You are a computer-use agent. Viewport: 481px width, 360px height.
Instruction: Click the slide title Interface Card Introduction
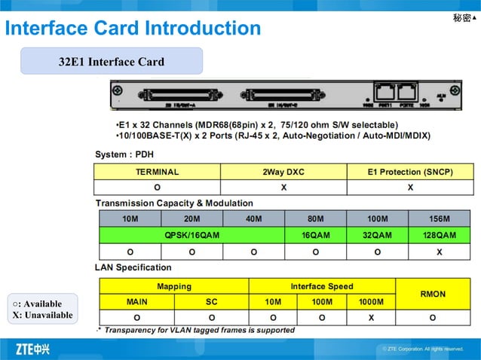pyautogui.click(x=133, y=29)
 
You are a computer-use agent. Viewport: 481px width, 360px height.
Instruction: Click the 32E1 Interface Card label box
pyautogui.click(x=112, y=61)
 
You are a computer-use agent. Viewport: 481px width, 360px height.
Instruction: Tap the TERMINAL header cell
pyautogui.click(x=157, y=172)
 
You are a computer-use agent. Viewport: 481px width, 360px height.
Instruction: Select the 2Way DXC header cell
pyautogui.click(x=283, y=172)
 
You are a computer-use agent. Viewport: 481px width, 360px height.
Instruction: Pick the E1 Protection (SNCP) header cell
pyautogui.click(x=410, y=172)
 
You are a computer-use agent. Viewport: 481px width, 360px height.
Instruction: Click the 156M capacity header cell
pyautogui.click(x=439, y=219)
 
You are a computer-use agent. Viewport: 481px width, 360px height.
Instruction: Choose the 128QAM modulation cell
pyautogui.click(x=439, y=236)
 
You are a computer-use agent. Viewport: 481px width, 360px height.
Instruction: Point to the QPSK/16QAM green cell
pyautogui.click(x=192, y=236)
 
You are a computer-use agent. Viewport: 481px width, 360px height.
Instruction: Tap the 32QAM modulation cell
pyautogui.click(x=377, y=236)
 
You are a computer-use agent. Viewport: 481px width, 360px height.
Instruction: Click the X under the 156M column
pyautogui.click(x=439, y=252)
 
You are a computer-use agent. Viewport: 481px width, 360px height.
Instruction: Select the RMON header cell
pyautogui.click(x=432, y=294)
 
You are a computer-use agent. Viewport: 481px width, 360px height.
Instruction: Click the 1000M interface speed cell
pyautogui.click(x=371, y=302)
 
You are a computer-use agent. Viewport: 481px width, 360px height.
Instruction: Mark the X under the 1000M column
pyautogui.click(x=371, y=318)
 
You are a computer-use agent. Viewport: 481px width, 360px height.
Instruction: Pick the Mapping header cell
pyautogui.click(x=174, y=286)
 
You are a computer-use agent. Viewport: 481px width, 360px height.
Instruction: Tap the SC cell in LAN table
pyautogui.click(x=211, y=302)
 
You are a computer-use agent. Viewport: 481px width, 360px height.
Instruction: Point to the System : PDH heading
pyautogui.click(x=124, y=154)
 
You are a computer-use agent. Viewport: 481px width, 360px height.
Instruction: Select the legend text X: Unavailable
pyautogui.click(x=43, y=315)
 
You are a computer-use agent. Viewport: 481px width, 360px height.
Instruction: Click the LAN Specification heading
pyautogui.click(x=133, y=267)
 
